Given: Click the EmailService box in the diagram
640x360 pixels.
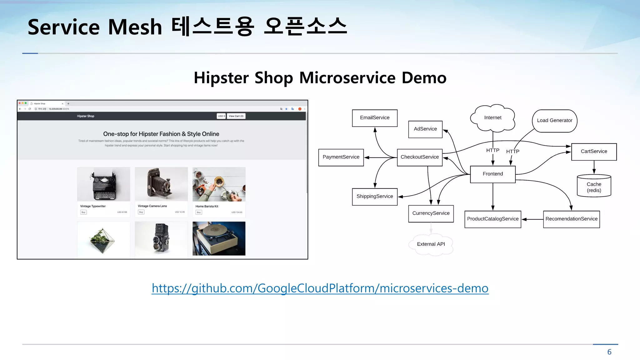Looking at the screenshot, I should [x=375, y=118].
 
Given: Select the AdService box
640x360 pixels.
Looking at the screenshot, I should [x=425, y=129].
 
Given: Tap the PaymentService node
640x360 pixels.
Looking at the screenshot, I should [x=341, y=157].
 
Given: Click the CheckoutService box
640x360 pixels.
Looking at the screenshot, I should [x=420, y=157].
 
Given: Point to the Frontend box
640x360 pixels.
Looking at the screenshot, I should [x=493, y=174].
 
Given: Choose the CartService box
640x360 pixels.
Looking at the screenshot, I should [x=594, y=152].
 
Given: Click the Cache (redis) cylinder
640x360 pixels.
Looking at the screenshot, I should [x=594, y=187].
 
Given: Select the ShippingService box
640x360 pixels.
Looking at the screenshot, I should [x=375, y=197].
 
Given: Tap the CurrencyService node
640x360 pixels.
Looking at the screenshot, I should [x=431, y=213].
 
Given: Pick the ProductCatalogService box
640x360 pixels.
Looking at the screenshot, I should [x=493, y=219].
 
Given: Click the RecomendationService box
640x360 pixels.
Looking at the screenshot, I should [x=571, y=219].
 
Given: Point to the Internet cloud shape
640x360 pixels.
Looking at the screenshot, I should [x=493, y=118].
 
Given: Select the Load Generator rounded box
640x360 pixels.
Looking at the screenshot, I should [x=555, y=121].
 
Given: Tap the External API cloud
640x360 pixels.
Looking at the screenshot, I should [x=431, y=244].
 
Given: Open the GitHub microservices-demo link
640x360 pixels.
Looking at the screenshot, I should [x=320, y=288].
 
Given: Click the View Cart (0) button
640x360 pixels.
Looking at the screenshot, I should [x=236, y=116].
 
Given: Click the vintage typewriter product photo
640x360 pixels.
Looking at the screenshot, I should [x=104, y=184].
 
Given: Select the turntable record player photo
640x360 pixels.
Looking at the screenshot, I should [x=219, y=238].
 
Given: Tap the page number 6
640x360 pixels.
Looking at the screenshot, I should [x=609, y=352].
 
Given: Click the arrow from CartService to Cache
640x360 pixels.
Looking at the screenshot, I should [x=594, y=167].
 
